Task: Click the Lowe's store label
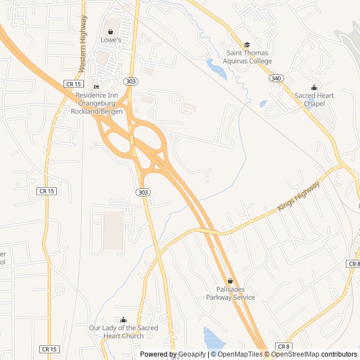tap(111, 40)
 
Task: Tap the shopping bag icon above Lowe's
tap(111, 31)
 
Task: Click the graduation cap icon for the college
tap(246, 45)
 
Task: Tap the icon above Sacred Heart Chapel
tap(314, 88)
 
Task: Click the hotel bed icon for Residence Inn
tap(96, 87)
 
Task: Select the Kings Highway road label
tap(298, 196)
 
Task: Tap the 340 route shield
tap(275, 78)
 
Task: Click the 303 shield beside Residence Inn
tap(131, 82)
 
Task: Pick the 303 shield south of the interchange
tap(143, 192)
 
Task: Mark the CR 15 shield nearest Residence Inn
tap(74, 84)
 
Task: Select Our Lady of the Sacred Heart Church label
tap(124, 332)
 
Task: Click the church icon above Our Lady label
tap(124, 320)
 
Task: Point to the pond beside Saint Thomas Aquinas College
tap(217, 69)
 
